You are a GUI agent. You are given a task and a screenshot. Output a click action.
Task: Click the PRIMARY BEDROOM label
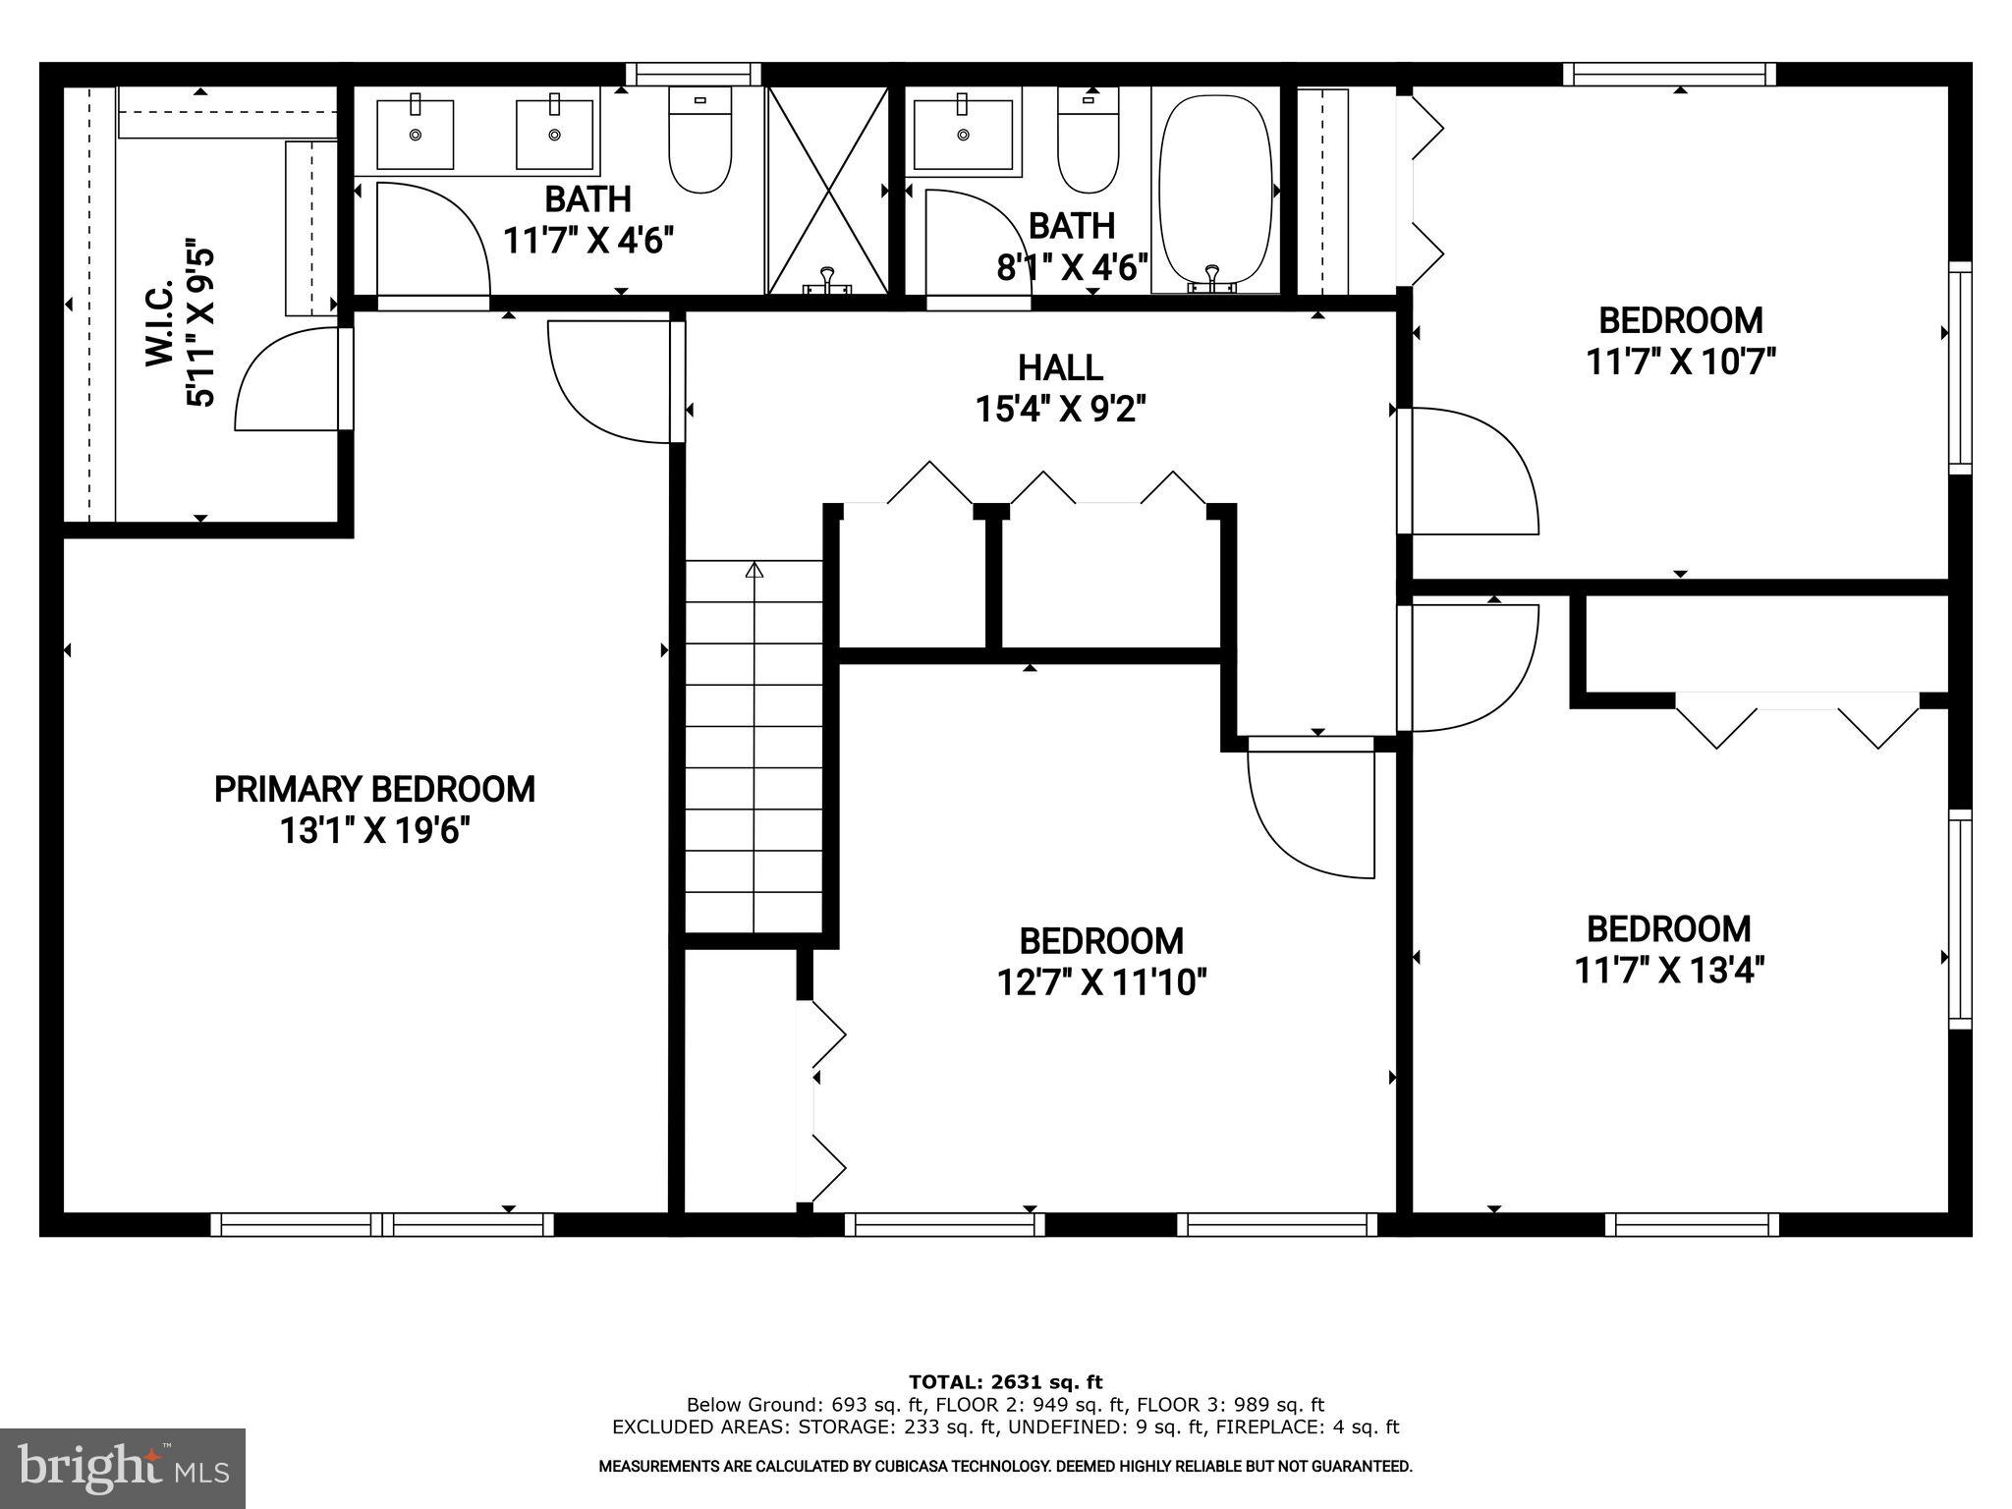[x=374, y=789]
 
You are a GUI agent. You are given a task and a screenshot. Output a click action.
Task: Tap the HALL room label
[x=1060, y=368]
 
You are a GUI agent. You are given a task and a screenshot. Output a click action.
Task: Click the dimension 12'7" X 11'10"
[x=1101, y=981]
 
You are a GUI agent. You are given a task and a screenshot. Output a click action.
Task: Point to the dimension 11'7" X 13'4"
[x=1669, y=971]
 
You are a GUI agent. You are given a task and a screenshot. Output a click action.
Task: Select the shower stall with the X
[x=827, y=190]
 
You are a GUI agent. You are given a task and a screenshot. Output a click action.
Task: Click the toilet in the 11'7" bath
[x=700, y=140]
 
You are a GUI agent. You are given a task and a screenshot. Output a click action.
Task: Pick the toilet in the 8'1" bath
[x=1089, y=140]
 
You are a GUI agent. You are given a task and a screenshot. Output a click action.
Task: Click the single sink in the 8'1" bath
[x=963, y=134]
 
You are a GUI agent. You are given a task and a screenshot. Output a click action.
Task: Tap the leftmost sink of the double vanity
[x=415, y=134]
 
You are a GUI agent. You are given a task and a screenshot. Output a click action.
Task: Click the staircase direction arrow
[x=754, y=569]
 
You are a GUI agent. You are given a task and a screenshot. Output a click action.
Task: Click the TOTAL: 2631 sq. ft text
[x=1005, y=1382]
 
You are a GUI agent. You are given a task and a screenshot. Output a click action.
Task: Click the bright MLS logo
[x=123, y=1468]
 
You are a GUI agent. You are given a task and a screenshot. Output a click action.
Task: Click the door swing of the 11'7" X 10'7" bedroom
[x=1469, y=472]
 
